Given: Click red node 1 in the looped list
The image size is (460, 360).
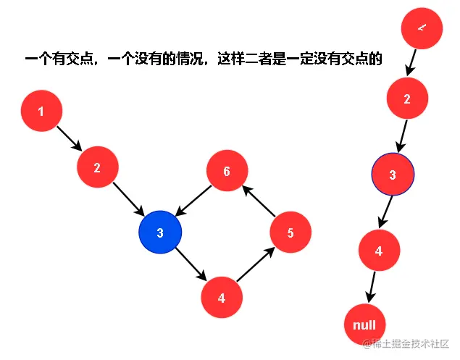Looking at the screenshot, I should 41,112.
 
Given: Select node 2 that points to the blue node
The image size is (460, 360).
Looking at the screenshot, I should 98,168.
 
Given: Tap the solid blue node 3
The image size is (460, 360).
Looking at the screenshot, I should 160,232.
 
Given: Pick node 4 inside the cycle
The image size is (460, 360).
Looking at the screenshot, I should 222,297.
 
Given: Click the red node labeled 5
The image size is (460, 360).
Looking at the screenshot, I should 290,233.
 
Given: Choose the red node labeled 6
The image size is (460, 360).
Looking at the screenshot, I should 227,172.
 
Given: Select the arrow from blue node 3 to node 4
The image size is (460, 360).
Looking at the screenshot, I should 191,265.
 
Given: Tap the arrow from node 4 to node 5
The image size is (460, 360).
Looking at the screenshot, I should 256,266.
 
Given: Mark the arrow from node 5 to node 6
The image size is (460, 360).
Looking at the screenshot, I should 258,201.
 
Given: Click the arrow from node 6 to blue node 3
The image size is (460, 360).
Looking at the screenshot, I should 193,201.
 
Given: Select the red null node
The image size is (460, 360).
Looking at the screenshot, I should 364,325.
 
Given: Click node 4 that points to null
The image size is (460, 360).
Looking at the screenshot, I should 379,251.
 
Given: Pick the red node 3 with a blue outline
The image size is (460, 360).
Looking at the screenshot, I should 393,175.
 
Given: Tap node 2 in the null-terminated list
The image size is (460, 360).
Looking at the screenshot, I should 407,99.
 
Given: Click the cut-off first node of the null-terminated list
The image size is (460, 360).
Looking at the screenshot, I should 421,28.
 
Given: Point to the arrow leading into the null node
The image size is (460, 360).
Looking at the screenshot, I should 372,288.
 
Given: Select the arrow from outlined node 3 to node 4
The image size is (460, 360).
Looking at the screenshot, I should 386,213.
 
